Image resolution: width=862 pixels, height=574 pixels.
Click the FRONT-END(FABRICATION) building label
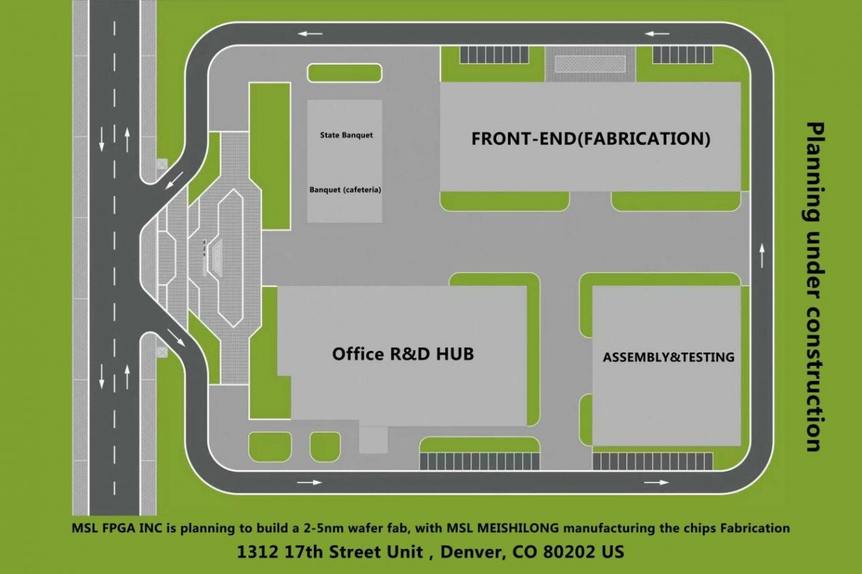(x=590, y=138)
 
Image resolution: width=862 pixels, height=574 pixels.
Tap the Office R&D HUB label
(x=402, y=354)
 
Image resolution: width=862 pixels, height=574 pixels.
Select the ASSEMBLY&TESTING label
(x=668, y=357)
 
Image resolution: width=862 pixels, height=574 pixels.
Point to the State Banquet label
(x=346, y=135)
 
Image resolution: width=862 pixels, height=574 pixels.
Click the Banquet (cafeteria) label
(x=345, y=190)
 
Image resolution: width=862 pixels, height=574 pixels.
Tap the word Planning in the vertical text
(x=814, y=172)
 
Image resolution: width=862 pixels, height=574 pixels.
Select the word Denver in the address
(x=470, y=552)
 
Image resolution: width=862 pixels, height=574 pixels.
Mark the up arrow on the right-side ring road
(x=761, y=252)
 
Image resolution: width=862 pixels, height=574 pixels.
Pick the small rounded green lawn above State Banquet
(x=345, y=72)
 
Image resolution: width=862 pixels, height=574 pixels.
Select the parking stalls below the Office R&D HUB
(x=479, y=461)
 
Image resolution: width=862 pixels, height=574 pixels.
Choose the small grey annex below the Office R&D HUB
(x=373, y=439)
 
